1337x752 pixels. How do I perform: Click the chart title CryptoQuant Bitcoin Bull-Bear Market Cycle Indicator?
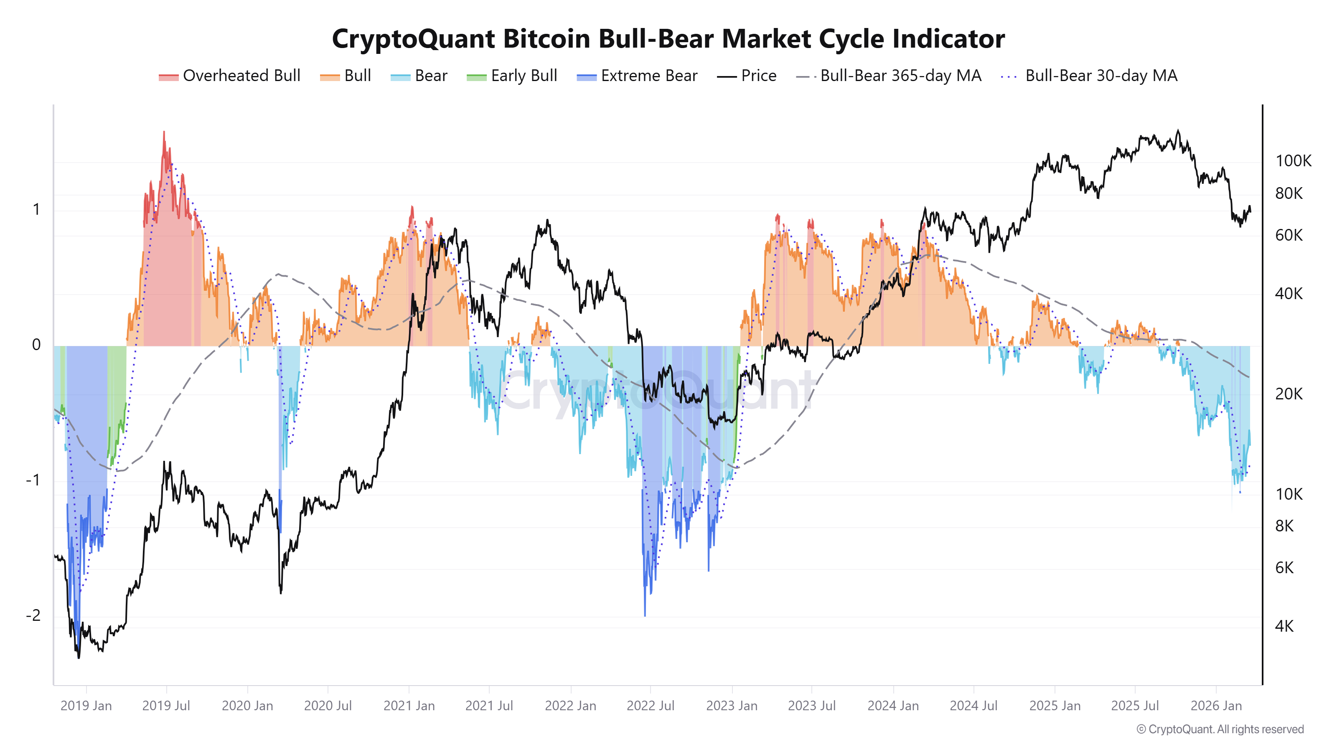[x=668, y=39]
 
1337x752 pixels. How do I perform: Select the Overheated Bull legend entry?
[x=229, y=76]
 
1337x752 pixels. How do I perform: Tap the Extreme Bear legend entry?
[x=637, y=76]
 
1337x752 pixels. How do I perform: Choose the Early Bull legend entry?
[x=512, y=76]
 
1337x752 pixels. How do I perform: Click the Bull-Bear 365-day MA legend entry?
[x=889, y=76]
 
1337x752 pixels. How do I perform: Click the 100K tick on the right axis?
[x=1293, y=161]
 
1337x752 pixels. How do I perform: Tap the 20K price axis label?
[x=1288, y=394]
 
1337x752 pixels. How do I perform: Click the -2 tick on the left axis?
[x=33, y=615]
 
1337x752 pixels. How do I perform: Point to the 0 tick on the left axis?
[x=36, y=345]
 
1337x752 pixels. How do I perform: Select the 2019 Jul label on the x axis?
[x=166, y=706]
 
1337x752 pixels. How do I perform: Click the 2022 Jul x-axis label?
[x=651, y=706]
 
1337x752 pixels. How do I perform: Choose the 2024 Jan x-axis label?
[x=893, y=706]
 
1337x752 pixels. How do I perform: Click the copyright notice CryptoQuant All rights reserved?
[x=1220, y=729]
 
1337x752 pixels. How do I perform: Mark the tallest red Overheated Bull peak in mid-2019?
[x=164, y=132]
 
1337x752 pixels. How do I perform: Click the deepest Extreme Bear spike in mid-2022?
[x=645, y=615]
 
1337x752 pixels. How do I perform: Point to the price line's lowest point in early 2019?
[x=79, y=658]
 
